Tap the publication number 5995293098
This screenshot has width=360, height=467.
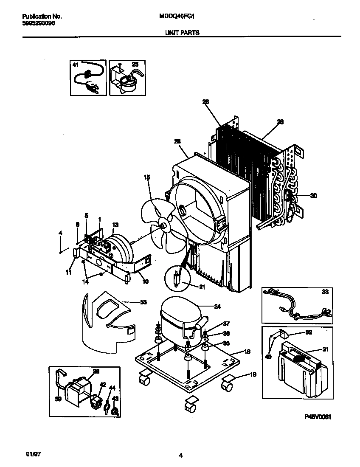point(38,23)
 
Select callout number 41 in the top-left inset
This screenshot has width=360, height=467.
point(76,65)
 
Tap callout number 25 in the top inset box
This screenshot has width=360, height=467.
point(135,65)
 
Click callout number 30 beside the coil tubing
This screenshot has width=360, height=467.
point(313,196)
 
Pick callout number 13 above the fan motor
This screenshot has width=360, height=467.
point(115,225)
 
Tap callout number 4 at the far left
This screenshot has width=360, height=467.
point(60,233)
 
